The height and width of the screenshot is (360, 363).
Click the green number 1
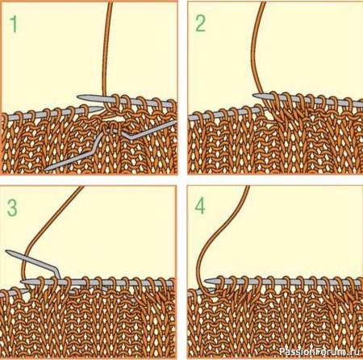coord(13,24)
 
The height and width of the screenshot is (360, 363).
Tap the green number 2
coord(201,23)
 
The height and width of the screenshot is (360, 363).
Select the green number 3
coord(12,207)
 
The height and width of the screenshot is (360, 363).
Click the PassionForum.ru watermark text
coord(319,351)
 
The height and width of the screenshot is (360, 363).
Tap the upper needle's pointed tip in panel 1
coord(77,97)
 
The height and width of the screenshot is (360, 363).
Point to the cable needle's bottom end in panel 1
coord(46,169)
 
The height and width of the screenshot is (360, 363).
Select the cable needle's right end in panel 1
coord(175,123)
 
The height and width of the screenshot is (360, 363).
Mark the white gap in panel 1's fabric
coord(118,119)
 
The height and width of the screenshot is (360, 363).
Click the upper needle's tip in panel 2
coord(254,95)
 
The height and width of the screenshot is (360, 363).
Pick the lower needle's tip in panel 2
coord(265,107)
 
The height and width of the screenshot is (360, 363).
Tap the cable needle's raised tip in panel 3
coord(7,252)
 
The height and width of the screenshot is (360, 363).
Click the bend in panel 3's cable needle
coord(56,270)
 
